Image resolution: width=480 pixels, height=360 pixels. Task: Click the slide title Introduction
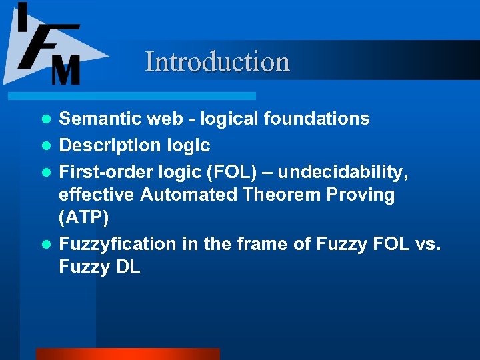click(217, 61)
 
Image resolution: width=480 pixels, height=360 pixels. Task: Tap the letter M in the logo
click(65, 69)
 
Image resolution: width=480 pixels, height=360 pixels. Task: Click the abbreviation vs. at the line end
click(426, 245)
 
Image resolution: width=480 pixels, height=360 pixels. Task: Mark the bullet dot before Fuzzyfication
click(46, 245)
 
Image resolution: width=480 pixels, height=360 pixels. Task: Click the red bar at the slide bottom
click(127, 354)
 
